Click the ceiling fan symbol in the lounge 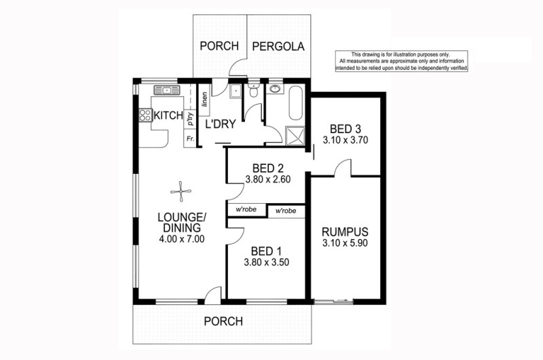click(181, 192)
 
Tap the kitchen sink click(167, 90)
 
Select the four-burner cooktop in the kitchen click(145, 115)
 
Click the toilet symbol click(254, 91)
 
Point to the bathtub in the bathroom click(296, 103)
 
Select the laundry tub click(236, 91)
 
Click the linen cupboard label click(204, 99)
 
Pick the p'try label click(190, 119)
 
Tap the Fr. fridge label click(190, 139)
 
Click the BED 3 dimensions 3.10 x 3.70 click(345, 141)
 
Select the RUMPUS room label click(345, 232)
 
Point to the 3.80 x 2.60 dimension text click(267, 179)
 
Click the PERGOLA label click(278, 46)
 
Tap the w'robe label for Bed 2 click(246, 209)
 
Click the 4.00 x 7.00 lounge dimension click(182, 238)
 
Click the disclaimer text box click(402, 61)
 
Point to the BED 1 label click(266, 251)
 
